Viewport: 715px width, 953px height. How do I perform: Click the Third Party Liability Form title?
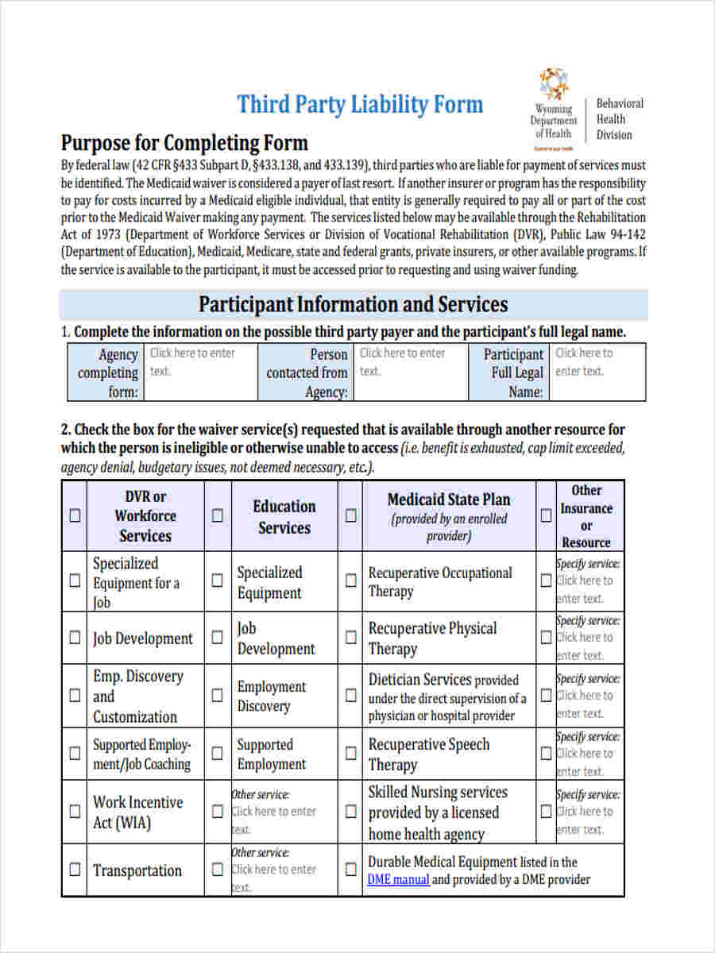point(360,105)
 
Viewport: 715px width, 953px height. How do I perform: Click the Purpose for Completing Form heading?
point(184,144)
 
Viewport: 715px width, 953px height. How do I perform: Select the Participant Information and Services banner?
point(354,305)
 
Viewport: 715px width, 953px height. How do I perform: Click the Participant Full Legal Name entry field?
point(598,371)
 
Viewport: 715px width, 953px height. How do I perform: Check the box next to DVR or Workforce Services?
point(75,515)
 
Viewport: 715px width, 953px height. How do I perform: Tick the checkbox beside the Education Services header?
point(217,515)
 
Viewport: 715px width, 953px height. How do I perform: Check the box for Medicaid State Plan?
point(350,515)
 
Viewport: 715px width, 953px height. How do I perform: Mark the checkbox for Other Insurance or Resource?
point(546,515)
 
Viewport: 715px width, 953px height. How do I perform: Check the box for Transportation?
point(75,870)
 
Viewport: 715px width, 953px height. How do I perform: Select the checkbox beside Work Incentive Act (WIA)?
point(75,812)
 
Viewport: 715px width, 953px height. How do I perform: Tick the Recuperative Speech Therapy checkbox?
point(350,753)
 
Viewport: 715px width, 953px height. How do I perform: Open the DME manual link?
point(398,879)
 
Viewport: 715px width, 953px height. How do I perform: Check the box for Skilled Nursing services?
point(350,812)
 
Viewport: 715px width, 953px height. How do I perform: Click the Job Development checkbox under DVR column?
point(75,637)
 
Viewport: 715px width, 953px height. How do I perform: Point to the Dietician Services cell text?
point(446,697)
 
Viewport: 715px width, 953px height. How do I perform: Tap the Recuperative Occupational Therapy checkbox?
point(350,581)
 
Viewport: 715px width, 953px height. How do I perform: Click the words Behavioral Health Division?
point(620,119)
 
